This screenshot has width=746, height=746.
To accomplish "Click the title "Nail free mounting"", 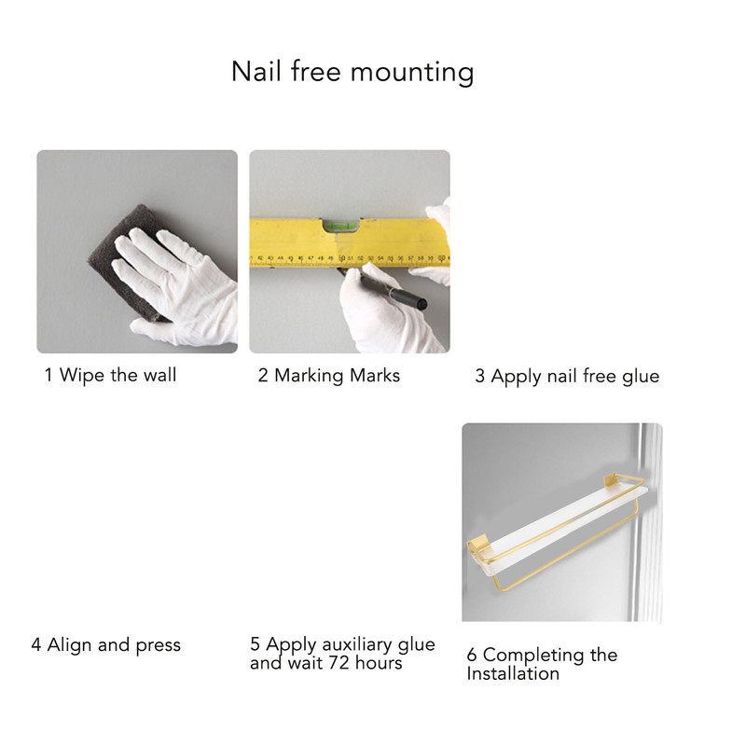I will click(x=352, y=72).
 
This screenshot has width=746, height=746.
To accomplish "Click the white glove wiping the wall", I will click(x=177, y=280).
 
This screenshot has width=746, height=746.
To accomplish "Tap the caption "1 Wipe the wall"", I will click(x=110, y=375).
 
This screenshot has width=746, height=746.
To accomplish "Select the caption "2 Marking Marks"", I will click(x=329, y=375).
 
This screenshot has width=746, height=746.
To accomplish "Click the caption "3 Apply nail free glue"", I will click(x=567, y=376).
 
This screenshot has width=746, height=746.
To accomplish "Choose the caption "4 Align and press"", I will click(x=105, y=644).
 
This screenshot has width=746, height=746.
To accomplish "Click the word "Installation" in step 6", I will click(x=513, y=673).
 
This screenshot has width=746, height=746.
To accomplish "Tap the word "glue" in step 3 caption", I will click(x=641, y=376).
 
